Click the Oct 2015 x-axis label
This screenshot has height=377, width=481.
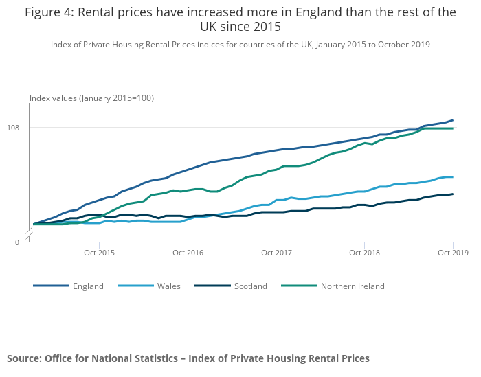tap(99, 253)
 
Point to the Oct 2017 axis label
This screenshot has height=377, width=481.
tap(275, 253)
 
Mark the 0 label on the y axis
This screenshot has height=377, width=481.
tap(18, 242)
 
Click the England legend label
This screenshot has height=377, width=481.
tap(88, 286)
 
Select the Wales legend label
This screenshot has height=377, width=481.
tap(168, 286)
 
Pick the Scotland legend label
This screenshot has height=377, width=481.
tap(250, 286)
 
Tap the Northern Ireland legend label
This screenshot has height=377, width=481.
tap(353, 286)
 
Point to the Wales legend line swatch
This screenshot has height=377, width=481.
tap(135, 286)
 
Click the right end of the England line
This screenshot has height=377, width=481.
tap(453, 120)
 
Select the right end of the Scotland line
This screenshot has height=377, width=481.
tap(453, 194)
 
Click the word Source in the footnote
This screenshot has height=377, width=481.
tap(23, 358)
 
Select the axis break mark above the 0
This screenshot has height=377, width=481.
tap(30, 236)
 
